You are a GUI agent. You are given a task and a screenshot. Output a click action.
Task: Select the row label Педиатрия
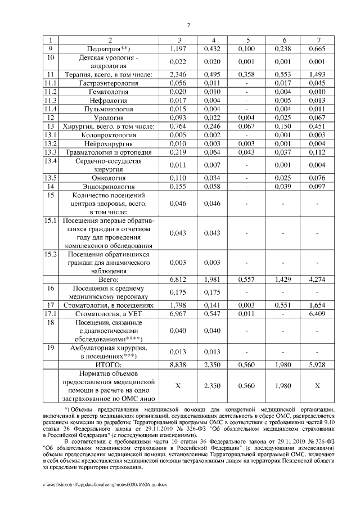point(110,49)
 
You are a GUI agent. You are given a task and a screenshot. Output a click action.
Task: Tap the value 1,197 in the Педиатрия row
point(178,49)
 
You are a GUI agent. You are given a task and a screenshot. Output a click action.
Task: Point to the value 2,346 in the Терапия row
point(178,74)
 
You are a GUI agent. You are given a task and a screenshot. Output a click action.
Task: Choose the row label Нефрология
point(110,100)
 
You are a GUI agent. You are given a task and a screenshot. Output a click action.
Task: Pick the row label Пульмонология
point(110,109)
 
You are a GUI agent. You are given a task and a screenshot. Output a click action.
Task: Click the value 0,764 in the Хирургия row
point(178,127)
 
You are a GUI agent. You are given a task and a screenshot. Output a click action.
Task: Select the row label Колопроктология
point(110,135)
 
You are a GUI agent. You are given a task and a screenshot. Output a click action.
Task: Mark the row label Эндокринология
point(110,186)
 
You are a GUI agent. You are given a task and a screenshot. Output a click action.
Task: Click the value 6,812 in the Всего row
point(178,279)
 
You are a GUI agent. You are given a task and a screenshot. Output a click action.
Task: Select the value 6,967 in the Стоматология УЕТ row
point(178,312)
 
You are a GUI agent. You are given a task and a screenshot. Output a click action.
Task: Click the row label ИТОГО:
point(110,365)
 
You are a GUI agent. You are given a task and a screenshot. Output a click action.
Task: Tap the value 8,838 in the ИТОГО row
point(178,365)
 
